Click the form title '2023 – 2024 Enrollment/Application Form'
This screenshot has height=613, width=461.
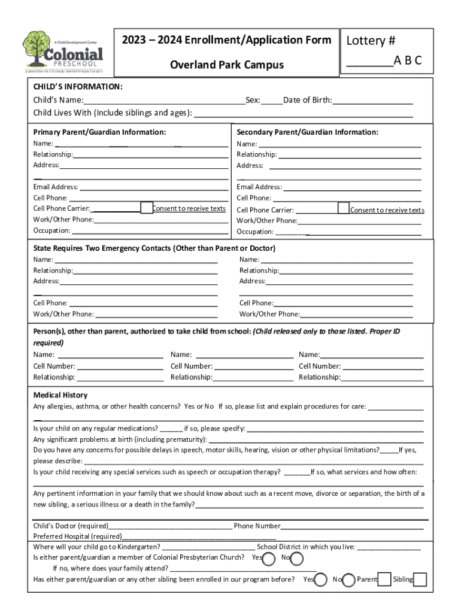pyautogui.click(x=226, y=40)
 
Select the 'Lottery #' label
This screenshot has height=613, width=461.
pyautogui.click(x=371, y=41)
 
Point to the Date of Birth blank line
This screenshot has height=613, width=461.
pyautogui.click(x=372, y=101)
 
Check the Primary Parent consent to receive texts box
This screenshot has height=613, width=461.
pyautogui.click(x=147, y=208)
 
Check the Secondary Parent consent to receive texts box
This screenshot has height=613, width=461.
pyautogui.click(x=343, y=208)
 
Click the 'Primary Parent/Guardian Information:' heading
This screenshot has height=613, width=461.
pyautogui.click(x=99, y=132)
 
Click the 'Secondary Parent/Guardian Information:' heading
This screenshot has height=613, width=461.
pyautogui.click(x=307, y=132)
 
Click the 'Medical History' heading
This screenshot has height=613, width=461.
pyautogui.click(x=60, y=395)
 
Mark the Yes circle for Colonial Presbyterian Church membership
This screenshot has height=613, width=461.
pyautogui.click(x=269, y=558)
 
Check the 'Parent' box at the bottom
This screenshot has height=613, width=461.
pyautogui.click(x=384, y=579)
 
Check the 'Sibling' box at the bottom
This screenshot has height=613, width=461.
pyautogui.click(x=420, y=579)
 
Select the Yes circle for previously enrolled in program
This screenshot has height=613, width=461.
pyautogui.click(x=321, y=579)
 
